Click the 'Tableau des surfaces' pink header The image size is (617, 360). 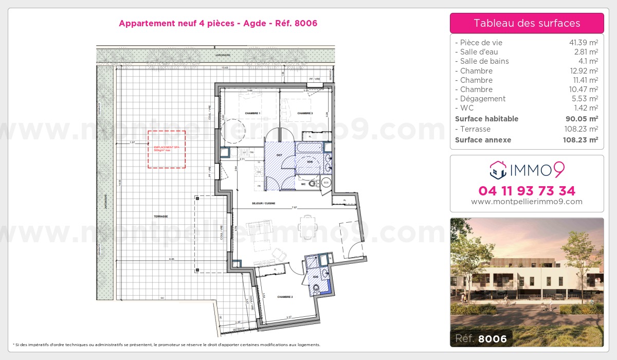(527, 23)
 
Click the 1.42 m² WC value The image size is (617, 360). (588, 108)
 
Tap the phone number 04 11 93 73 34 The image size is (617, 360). (527, 191)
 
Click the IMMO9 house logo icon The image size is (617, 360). (497, 168)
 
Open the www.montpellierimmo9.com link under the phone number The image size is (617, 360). (527, 202)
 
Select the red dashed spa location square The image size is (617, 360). (167, 149)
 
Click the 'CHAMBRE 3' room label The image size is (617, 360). (305, 113)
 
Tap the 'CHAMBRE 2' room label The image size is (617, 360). (285, 297)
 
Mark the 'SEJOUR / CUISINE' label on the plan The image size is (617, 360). (263, 204)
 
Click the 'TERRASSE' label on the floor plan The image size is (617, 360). (161, 217)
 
